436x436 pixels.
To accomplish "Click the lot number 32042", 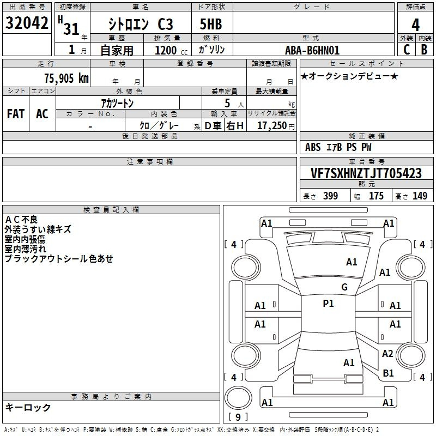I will tap(27, 24).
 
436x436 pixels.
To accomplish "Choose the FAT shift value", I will tap(16, 114).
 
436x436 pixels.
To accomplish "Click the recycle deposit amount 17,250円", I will tap(275, 126).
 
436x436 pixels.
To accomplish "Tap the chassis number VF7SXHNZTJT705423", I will tap(366, 174).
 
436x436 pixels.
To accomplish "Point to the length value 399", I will tap(330, 196).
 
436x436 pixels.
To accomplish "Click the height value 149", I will tap(420, 196).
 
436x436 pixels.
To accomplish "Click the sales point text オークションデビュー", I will tap(349, 76).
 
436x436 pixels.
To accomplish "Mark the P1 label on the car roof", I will tap(328, 304).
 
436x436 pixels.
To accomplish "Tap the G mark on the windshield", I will tap(344, 287).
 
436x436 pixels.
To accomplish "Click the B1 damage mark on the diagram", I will tap(388, 373).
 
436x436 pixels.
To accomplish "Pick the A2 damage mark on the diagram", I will tap(387, 354).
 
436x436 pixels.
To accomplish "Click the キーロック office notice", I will tap(28, 407).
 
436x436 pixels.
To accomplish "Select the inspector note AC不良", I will tap(21, 220).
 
